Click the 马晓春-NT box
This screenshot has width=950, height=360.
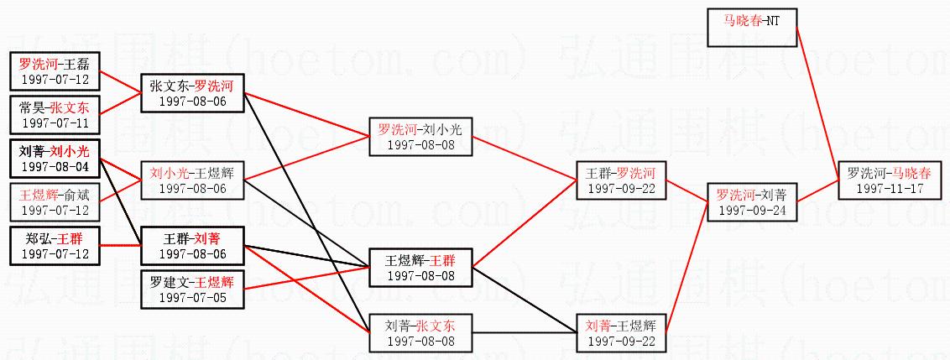pos(751,27)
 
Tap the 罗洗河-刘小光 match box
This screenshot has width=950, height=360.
pos(420,136)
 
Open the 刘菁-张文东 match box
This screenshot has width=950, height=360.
pos(420,332)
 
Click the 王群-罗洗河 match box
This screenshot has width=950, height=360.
pos(622,180)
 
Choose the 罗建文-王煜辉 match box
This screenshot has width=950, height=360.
pos(191,289)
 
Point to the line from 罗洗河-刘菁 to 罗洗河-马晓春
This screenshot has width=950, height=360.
pos(816,190)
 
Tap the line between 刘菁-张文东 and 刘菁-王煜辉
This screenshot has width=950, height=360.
pos(524,332)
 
